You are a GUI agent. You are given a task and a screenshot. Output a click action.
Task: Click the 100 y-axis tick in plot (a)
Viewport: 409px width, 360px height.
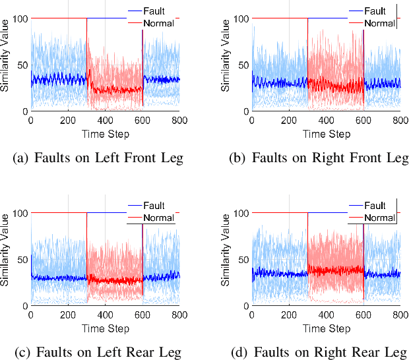(20, 18)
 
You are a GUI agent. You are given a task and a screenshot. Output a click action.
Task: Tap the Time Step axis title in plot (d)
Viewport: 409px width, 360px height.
(325, 328)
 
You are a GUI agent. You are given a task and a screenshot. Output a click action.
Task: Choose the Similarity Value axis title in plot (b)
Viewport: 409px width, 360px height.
(226, 65)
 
